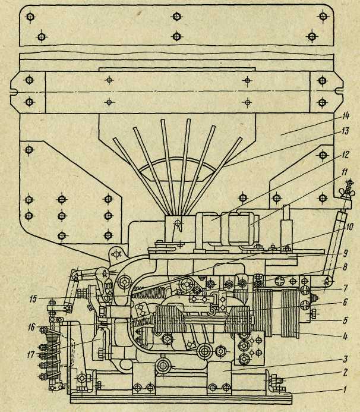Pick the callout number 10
[x=349, y=226]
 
